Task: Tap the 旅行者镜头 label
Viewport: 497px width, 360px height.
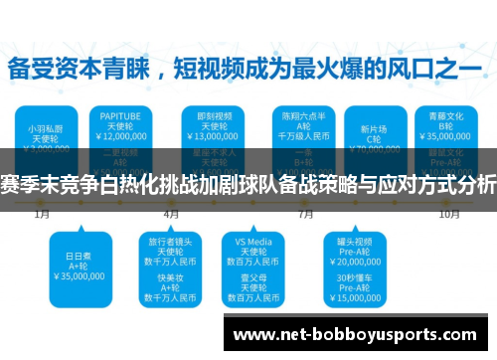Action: point(170,241)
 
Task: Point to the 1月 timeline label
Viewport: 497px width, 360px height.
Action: point(42,213)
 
